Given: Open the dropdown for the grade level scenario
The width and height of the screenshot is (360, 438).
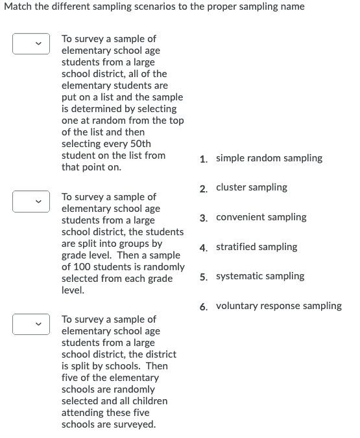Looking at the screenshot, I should (30, 202).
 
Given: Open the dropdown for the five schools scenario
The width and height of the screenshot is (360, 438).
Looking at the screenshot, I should (30, 325).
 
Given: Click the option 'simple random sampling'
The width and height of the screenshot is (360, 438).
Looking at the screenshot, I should (269, 158).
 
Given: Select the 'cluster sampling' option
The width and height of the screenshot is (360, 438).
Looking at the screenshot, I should (251, 187).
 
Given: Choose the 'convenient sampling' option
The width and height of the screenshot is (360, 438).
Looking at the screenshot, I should (261, 217).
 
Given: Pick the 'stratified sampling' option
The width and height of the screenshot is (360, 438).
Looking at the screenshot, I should (256, 247).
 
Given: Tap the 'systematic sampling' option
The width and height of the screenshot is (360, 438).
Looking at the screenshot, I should (259, 276).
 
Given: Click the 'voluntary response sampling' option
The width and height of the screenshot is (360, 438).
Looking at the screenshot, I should (278, 306).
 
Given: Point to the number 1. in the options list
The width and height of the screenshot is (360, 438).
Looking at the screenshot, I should (204, 159).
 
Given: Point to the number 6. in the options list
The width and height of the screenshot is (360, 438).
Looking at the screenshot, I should (204, 306).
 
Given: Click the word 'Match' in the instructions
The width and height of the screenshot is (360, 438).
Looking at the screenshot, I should (18, 6).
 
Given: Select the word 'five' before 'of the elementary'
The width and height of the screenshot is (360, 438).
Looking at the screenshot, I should (71, 378).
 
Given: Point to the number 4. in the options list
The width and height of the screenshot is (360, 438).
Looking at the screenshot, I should (204, 248).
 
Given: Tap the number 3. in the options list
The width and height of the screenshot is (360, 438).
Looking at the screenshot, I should (204, 218).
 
